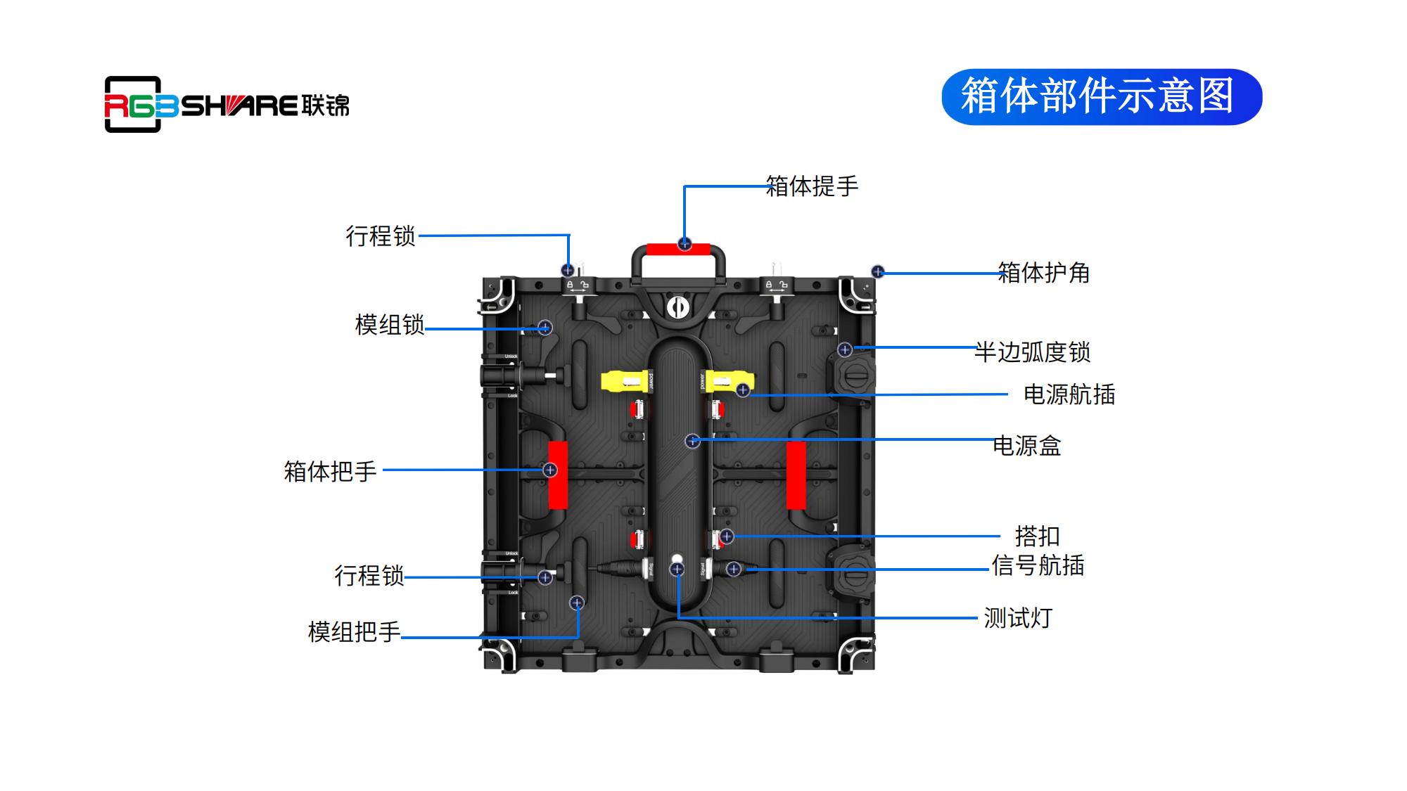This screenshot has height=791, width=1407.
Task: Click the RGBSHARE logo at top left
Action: click(226, 105)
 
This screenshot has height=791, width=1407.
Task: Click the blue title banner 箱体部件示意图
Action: click(1101, 97)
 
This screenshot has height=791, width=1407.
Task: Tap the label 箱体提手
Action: click(812, 186)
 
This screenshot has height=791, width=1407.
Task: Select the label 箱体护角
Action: click(1044, 273)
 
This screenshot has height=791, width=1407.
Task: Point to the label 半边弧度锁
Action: click(1032, 352)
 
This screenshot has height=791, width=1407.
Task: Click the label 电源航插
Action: click(1069, 394)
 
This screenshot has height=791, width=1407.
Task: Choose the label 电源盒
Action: click(1027, 446)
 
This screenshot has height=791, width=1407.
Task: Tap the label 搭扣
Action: click(1037, 536)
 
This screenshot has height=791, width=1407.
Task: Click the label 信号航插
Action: click(1038, 565)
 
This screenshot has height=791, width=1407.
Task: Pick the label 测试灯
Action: click(1018, 618)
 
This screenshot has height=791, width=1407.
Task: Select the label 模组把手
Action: click(354, 632)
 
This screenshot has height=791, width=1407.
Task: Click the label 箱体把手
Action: click(330, 471)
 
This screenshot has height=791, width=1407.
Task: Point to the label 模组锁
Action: click(390, 325)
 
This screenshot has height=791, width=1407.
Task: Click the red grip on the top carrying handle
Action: click(678, 249)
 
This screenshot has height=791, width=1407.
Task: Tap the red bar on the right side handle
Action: click(796, 475)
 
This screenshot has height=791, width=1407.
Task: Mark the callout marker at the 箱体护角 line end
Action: click(878, 271)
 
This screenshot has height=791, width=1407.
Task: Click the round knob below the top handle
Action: click(677, 307)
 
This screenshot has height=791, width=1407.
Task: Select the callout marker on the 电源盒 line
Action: click(693, 441)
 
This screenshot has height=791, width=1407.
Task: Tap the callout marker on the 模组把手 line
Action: click(577, 603)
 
